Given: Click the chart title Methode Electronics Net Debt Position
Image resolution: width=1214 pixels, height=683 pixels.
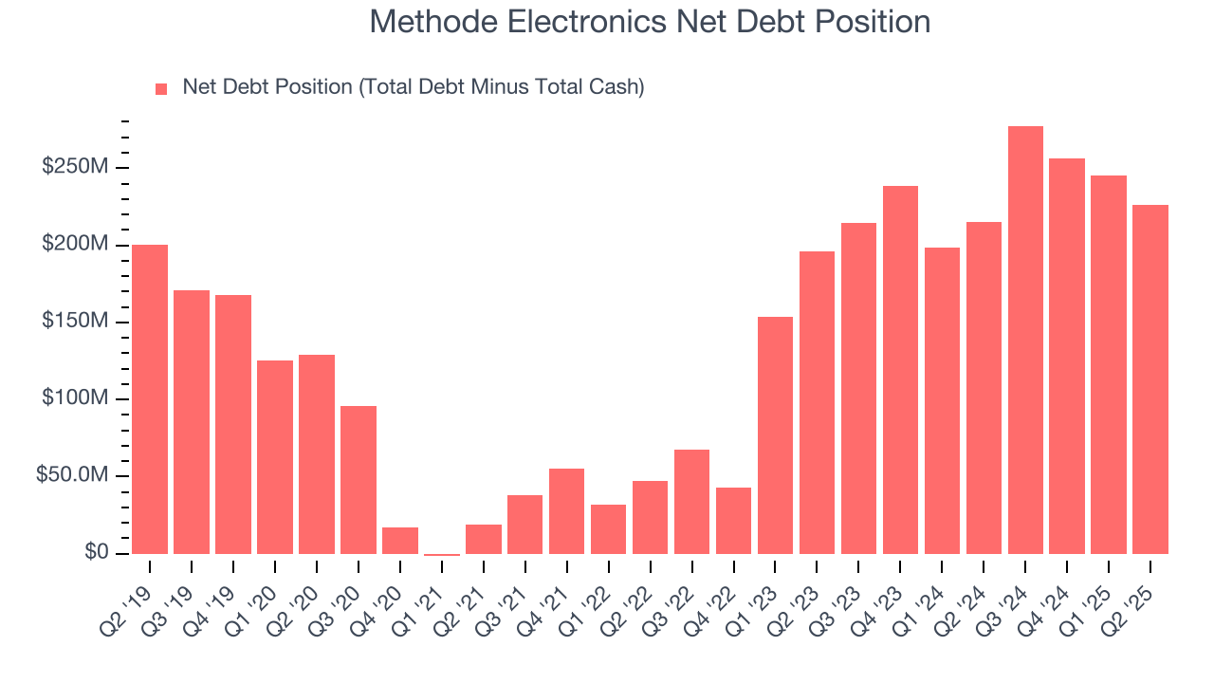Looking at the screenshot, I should click(x=650, y=22).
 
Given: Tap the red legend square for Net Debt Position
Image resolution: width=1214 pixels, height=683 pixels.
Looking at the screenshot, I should click(x=161, y=89).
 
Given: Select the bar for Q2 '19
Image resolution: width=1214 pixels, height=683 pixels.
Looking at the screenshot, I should click(x=150, y=398).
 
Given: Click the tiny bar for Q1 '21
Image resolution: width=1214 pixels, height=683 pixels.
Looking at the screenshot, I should click(x=442, y=554).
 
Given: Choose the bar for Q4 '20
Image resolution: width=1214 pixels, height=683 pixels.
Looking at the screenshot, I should click(x=400, y=541).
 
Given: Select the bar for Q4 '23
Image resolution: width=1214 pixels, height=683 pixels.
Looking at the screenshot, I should click(x=900, y=370).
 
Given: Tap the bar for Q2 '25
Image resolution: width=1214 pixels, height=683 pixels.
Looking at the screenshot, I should click(x=1150, y=379).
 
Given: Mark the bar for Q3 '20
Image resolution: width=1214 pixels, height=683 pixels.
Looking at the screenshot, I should click(x=359, y=479).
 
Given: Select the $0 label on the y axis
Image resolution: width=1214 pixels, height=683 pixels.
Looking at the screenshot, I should click(x=95, y=552).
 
